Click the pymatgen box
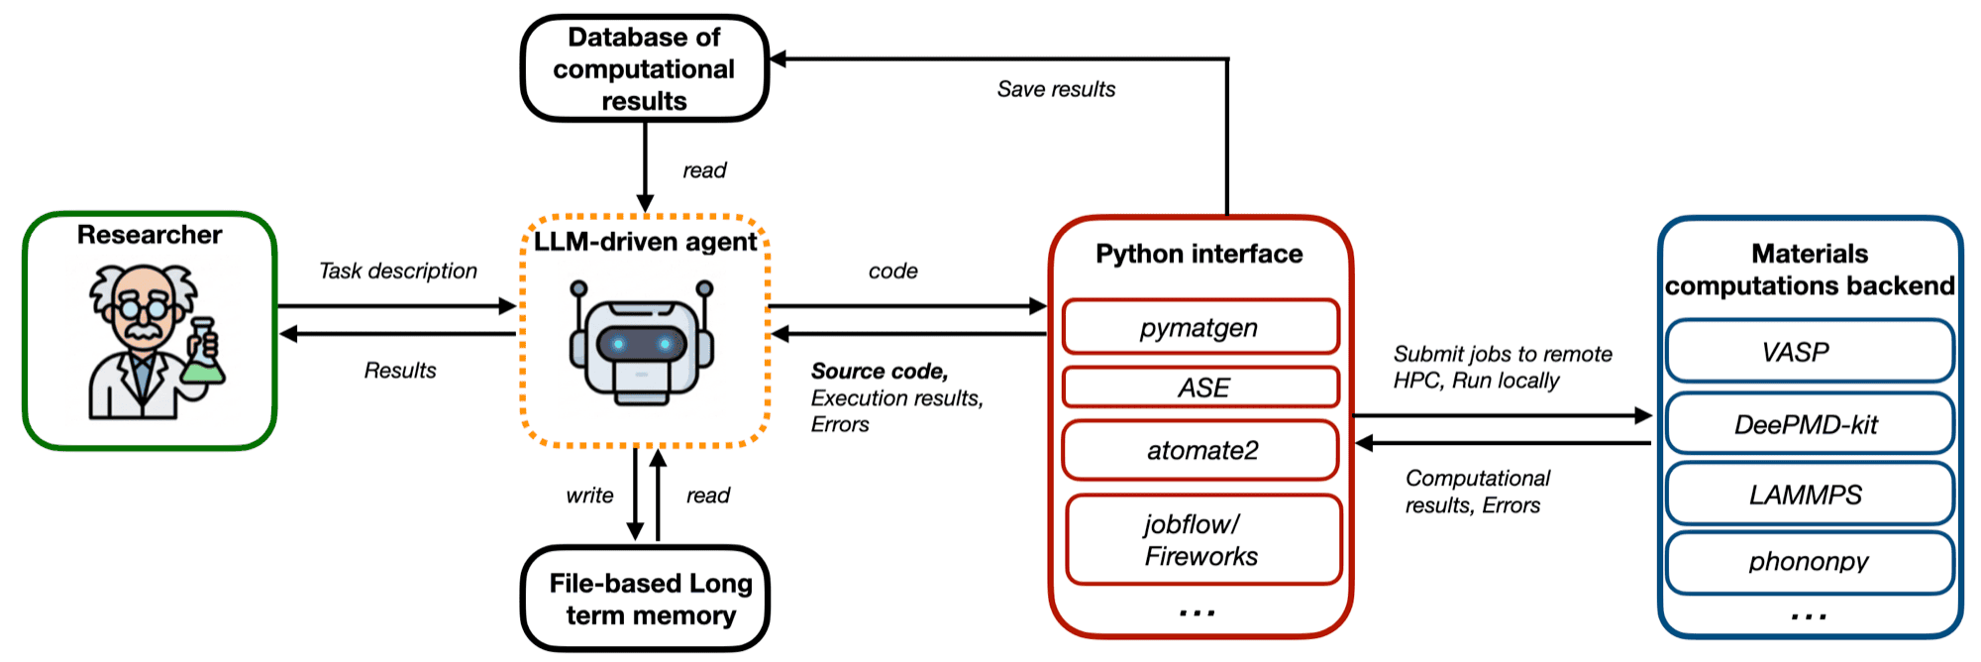(1200, 327)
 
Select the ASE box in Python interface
(1200, 387)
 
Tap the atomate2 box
(1200, 451)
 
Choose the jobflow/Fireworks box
(1202, 540)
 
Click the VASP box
(1809, 352)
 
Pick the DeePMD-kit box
(1809, 424)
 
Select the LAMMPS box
(1809, 494)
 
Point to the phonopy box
(1809, 562)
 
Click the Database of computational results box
(644, 68)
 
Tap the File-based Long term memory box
(646, 599)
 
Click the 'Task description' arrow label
(398, 271)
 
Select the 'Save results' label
(1056, 89)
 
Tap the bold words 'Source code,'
(880, 371)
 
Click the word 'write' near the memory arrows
(589, 496)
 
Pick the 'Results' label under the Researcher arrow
(400, 371)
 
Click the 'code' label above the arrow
(892, 271)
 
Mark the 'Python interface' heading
(1199, 254)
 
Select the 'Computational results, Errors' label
(1476, 492)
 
